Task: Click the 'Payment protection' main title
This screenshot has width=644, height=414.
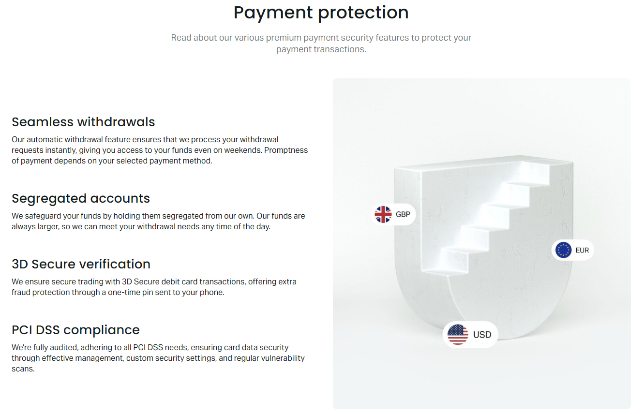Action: pyautogui.click(x=321, y=13)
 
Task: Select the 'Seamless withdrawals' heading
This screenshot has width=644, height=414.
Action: pyautogui.click(x=83, y=122)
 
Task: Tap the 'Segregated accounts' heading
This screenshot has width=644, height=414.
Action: pyautogui.click(x=81, y=199)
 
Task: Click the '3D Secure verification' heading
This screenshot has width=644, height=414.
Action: pyautogui.click(x=81, y=264)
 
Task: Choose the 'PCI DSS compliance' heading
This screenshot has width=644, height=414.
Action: pyautogui.click(x=75, y=330)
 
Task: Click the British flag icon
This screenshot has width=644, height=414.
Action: pyautogui.click(x=383, y=214)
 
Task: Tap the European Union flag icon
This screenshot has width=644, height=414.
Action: pyautogui.click(x=564, y=250)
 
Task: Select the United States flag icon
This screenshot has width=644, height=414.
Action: pyautogui.click(x=457, y=335)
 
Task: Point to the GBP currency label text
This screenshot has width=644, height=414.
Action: pyautogui.click(x=403, y=214)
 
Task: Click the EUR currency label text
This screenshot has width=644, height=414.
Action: pyautogui.click(x=582, y=251)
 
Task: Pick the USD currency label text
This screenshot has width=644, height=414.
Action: pyautogui.click(x=482, y=335)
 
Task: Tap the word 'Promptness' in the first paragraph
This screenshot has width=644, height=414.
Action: pyautogui.click(x=286, y=150)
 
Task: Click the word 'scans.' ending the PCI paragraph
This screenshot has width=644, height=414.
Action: pyautogui.click(x=23, y=369)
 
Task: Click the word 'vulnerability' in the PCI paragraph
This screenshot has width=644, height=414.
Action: pyautogui.click(x=281, y=358)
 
